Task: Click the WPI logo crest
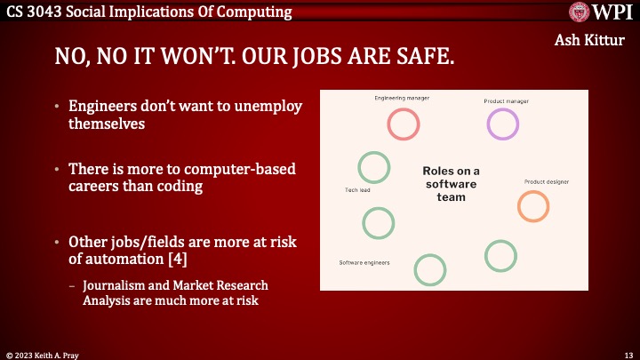(x=582, y=12)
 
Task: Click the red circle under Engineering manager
(x=404, y=124)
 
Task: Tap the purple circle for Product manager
(x=503, y=124)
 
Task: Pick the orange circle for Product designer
(x=533, y=205)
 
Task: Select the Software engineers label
(x=364, y=262)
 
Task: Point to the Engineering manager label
(x=402, y=98)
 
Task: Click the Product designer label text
(x=546, y=182)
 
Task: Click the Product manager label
(x=506, y=101)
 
